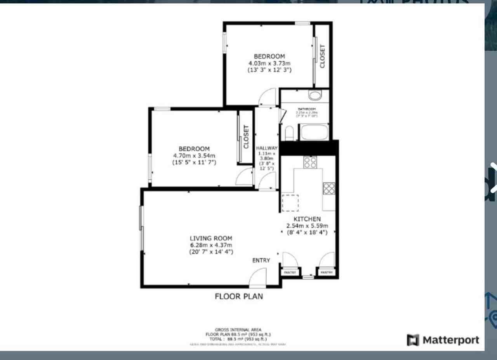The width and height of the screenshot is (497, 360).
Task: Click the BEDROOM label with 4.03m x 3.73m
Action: click(269, 57)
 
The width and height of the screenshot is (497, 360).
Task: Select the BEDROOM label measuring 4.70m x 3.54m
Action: click(194, 149)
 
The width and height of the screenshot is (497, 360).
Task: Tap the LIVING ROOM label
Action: click(211, 238)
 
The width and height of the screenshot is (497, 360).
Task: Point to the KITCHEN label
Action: click(307, 219)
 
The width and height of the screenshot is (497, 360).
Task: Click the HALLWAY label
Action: click(267, 148)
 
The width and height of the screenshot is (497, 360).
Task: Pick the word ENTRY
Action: click(261, 260)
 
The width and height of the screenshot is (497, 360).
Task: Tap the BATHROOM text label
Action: click(307, 109)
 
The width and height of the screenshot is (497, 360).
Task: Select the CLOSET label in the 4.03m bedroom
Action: click(322, 56)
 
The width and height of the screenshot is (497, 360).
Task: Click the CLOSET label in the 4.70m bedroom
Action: click(246, 137)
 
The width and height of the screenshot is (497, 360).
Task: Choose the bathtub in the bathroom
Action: click(315, 132)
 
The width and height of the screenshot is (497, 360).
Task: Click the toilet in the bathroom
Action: click(289, 133)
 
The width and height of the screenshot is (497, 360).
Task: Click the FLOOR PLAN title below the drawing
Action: click(239, 296)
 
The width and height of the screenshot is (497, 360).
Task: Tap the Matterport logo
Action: click(443, 340)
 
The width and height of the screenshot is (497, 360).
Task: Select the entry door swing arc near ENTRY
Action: click(257, 278)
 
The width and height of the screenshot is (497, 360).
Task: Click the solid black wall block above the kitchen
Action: click(309, 148)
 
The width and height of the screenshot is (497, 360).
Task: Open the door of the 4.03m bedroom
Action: click(267, 97)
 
